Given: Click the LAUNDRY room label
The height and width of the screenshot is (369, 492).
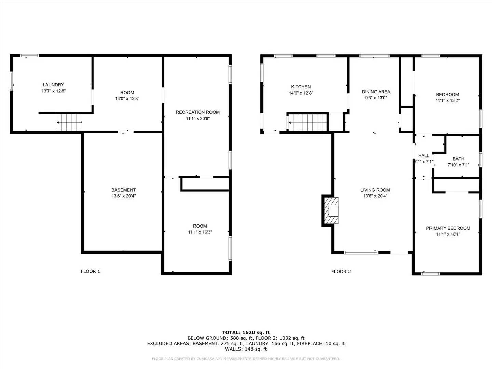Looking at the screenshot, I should tap(53, 85).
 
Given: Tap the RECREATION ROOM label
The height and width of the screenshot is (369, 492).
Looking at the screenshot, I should tap(197, 112).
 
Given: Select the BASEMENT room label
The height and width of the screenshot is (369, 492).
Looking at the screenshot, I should tap(123, 190).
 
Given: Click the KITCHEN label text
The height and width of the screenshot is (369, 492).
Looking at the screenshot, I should tap(301, 87).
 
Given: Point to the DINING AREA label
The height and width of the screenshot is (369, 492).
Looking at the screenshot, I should tap(376, 92).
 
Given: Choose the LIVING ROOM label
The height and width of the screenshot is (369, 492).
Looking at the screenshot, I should tap(375, 190).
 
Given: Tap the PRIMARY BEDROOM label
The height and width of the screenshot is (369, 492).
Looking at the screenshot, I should tap(448, 228).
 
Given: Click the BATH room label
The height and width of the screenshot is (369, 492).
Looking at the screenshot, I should tap(458, 159).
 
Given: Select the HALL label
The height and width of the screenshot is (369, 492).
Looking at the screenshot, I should tap(423, 155).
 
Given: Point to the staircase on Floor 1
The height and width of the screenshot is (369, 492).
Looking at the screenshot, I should tap(69, 122).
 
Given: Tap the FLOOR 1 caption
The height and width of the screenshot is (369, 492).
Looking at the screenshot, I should tap(90, 271).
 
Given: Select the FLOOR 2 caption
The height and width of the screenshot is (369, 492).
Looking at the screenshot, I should tap(341, 272).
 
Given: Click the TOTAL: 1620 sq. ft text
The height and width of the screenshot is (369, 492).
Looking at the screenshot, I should tap(246, 332).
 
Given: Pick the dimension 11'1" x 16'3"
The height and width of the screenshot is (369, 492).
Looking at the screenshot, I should tap(200, 232).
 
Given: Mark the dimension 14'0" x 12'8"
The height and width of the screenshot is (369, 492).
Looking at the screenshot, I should tap(127, 99).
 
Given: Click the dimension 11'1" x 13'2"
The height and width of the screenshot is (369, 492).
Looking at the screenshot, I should tap(447, 101).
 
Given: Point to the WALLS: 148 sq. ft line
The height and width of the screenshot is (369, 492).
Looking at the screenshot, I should tap(246, 349).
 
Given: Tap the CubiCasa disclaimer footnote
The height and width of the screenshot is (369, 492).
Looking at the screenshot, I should tap(246, 359).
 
